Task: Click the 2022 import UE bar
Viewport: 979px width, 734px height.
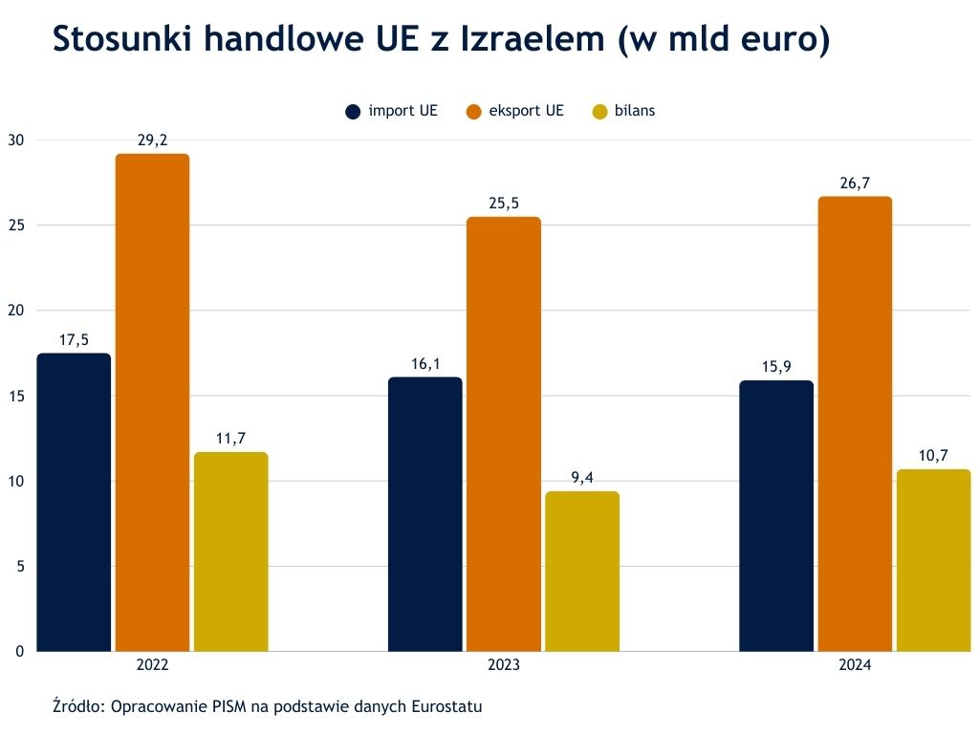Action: [74, 502]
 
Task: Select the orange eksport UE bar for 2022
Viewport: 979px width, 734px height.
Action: [152, 402]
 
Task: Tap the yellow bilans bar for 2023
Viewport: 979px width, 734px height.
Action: [582, 571]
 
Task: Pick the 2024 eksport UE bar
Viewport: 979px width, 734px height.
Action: [855, 423]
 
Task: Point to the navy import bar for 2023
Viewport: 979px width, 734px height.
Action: [424, 514]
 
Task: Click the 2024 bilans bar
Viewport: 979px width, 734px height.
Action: [934, 560]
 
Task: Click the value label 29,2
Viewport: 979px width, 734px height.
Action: [152, 140]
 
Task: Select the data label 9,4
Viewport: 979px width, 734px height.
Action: [582, 478]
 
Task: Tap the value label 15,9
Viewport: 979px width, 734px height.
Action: [776, 367]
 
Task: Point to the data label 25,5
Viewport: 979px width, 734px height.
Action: [503, 204]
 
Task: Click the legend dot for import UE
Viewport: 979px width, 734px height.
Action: [353, 111]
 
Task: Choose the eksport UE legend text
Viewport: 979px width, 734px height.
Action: [526, 111]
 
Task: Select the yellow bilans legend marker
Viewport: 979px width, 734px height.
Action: [600, 111]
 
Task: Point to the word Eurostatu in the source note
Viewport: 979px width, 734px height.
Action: [446, 708]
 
